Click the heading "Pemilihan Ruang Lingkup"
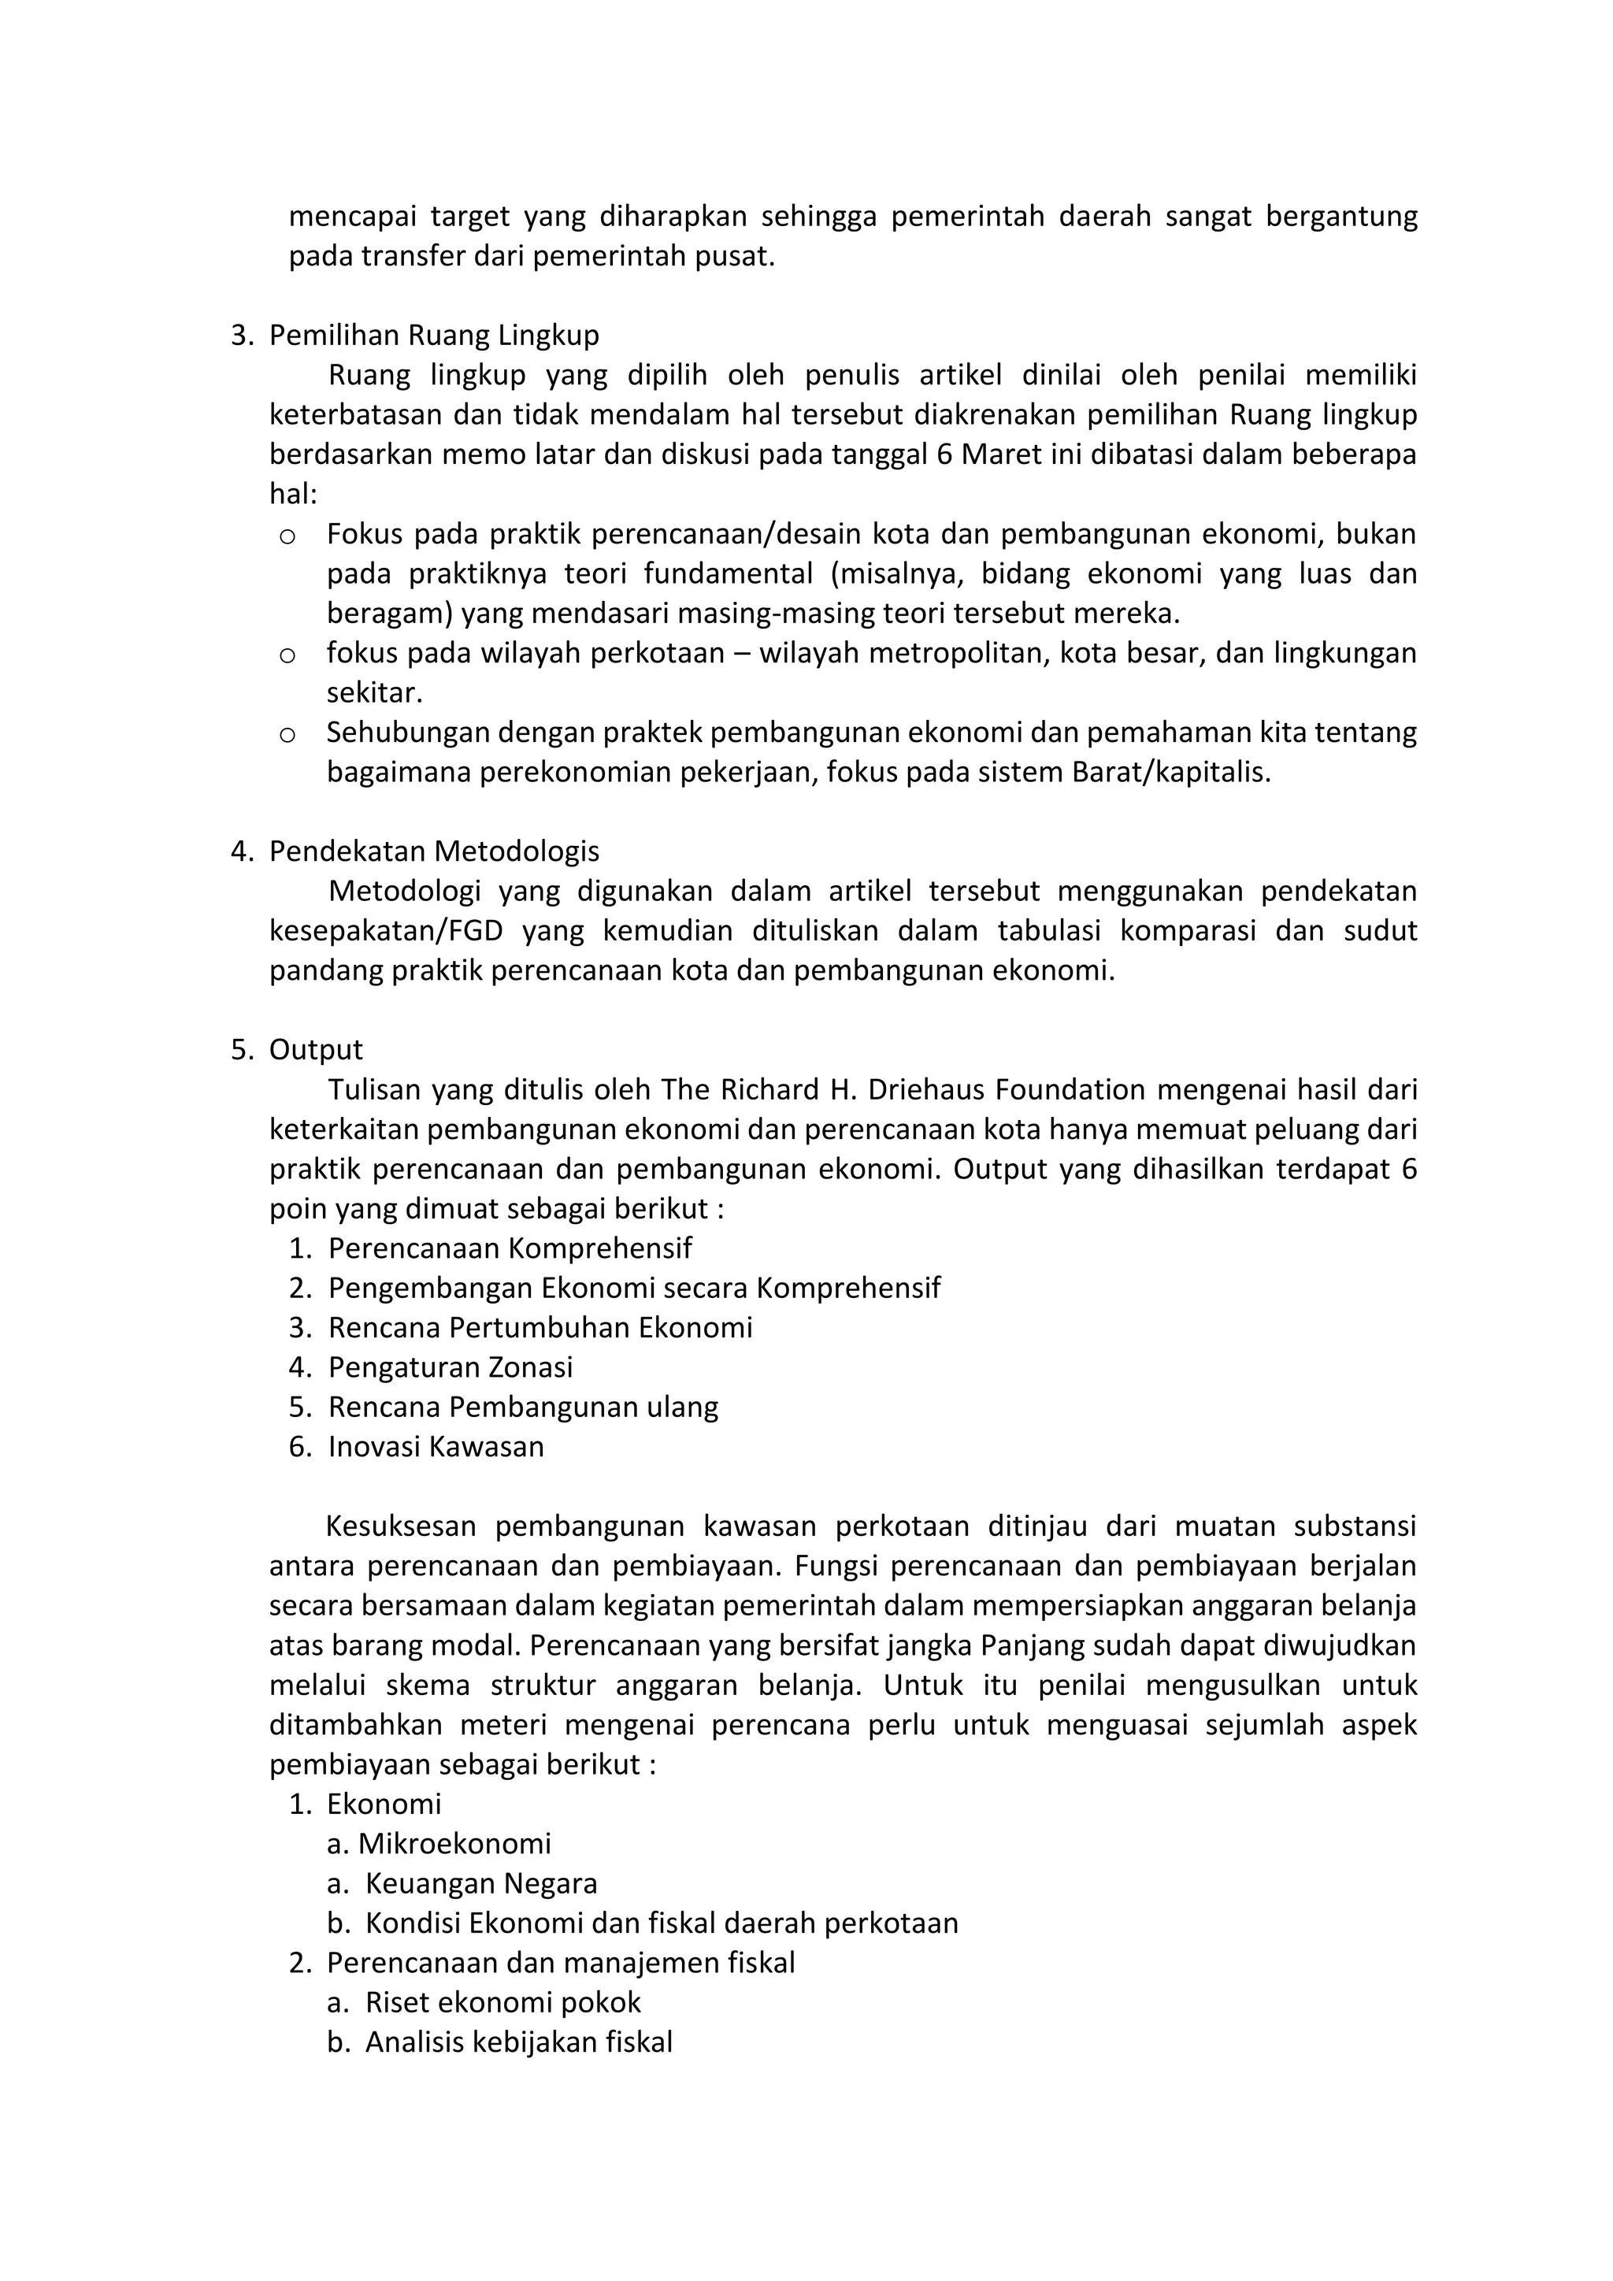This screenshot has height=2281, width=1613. [x=434, y=336]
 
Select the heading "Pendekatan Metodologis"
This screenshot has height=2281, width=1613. [x=434, y=851]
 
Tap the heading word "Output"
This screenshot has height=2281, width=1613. [x=316, y=1050]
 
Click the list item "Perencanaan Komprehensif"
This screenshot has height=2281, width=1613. [x=510, y=1248]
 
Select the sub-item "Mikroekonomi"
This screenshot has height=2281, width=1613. [x=454, y=1845]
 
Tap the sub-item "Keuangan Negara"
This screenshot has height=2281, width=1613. [x=480, y=1885]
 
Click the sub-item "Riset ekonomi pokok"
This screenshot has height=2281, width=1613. [x=502, y=2003]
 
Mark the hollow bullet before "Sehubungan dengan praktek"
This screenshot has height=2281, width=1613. [x=287, y=735]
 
